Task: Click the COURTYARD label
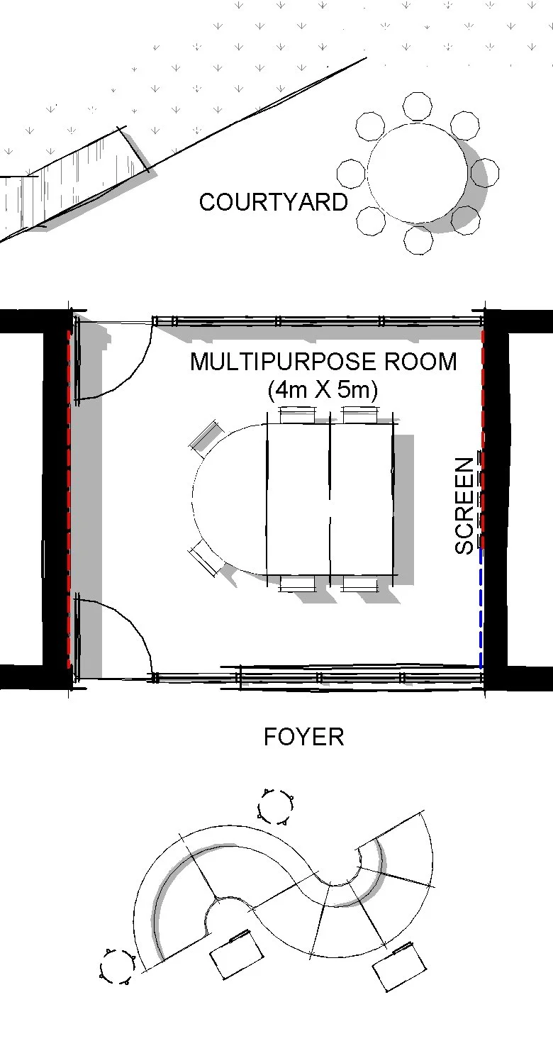pos(273,202)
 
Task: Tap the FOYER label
pos(303,737)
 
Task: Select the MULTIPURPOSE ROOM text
pos(323,362)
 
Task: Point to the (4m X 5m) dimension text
pos(323,390)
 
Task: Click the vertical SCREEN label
pos(464,506)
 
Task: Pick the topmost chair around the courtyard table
pos(418,106)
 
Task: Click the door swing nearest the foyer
pos(117,635)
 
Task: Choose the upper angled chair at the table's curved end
pos(206,435)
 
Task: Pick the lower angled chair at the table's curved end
pos(206,560)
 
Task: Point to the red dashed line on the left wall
pos(69,496)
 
